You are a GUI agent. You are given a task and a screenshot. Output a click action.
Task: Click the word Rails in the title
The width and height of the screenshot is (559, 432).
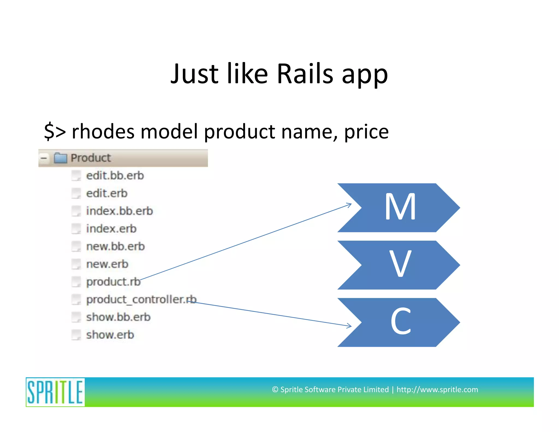pyautogui.click(x=305, y=74)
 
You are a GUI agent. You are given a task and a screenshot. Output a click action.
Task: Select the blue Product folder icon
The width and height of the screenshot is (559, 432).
pyautogui.click(x=60, y=158)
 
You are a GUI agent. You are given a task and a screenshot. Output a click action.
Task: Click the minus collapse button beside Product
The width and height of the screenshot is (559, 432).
pyautogui.click(x=44, y=158)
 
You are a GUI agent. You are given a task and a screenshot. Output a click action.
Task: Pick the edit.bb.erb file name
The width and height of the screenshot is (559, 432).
pyautogui.click(x=115, y=176)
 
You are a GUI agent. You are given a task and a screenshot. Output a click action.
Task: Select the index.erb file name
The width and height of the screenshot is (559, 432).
pyautogui.click(x=111, y=229)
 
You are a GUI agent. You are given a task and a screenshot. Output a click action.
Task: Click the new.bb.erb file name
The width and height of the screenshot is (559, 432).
pyautogui.click(x=115, y=247)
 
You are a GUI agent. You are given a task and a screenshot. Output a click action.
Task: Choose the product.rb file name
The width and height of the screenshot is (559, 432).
pyautogui.click(x=113, y=282)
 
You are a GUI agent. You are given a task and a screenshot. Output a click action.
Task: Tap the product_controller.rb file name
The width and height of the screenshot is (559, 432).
pyautogui.click(x=141, y=300)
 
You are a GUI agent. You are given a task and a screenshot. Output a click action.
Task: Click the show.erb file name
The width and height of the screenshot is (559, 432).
pyautogui.click(x=110, y=335)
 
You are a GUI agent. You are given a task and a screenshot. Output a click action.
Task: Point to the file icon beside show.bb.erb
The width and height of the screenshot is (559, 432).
pyautogui.click(x=76, y=317)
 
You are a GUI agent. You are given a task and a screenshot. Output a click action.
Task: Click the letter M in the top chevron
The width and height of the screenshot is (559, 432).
pyautogui.click(x=400, y=207)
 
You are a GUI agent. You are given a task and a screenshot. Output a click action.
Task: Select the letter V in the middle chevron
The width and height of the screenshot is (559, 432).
pyautogui.click(x=400, y=264)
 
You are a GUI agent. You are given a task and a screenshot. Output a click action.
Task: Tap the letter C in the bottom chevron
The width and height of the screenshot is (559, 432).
pyautogui.click(x=400, y=321)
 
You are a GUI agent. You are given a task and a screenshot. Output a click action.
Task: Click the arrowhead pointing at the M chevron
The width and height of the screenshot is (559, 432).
pyautogui.click(x=349, y=205)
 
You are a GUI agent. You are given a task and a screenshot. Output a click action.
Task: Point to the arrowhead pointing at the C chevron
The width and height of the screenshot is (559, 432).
pyautogui.click(x=349, y=326)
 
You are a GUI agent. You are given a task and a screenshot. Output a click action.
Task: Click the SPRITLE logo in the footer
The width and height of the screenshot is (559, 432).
pyautogui.click(x=55, y=392)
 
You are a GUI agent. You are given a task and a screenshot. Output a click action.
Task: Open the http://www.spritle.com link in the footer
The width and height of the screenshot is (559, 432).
pyautogui.click(x=437, y=389)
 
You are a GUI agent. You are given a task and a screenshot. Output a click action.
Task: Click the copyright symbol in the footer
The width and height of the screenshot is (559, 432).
pyautogui.click(x=275, y=390)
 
